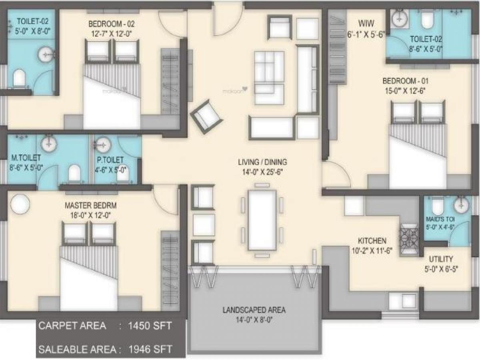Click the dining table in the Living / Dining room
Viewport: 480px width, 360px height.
tap(262, 220)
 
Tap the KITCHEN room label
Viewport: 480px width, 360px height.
tap(372, 241)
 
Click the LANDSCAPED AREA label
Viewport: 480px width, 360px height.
tap(254, 310)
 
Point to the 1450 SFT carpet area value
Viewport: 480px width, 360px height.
tap(150, 326)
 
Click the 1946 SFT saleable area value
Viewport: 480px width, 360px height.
tap(150, 349)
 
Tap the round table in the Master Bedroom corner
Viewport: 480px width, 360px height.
tap(20, 203)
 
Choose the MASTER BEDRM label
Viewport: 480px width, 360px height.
tap(90, 206)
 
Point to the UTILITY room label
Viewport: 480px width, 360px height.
tap(441, 259)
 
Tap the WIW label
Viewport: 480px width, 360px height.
tap(366, 23)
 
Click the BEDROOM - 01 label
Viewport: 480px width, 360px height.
tap(406, 81)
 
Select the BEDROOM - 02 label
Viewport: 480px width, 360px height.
tap(111, 24)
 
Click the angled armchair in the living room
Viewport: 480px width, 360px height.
tap(206, 117)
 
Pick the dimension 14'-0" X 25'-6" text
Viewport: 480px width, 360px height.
tap(262, 172)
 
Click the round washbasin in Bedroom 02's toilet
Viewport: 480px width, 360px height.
tap(46, 55)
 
